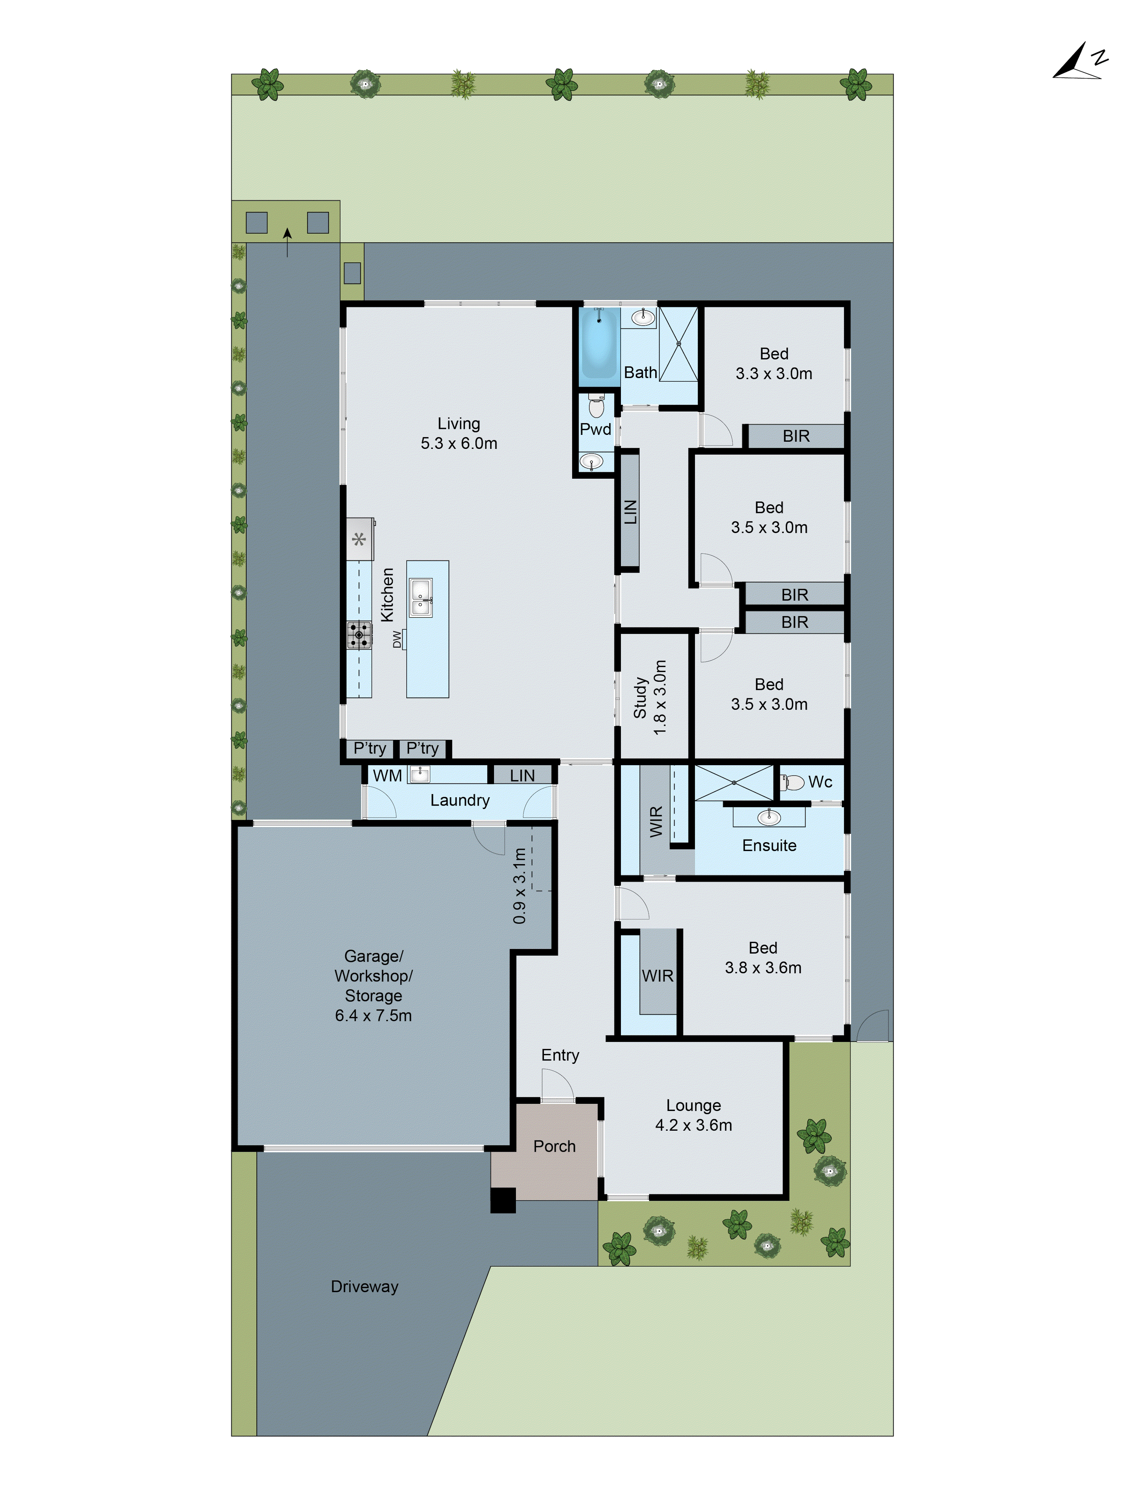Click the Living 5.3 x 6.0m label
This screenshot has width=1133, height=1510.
[x=459, y=433]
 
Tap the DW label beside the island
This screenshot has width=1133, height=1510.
[x=397, y=639]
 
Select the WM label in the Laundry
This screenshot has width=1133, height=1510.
[x=387, y=775]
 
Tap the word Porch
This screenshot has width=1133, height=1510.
[x=554, y=1146]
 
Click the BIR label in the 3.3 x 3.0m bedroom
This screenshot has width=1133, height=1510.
[x=796, y=436]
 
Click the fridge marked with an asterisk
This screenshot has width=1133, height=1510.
[x=359, y=539]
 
